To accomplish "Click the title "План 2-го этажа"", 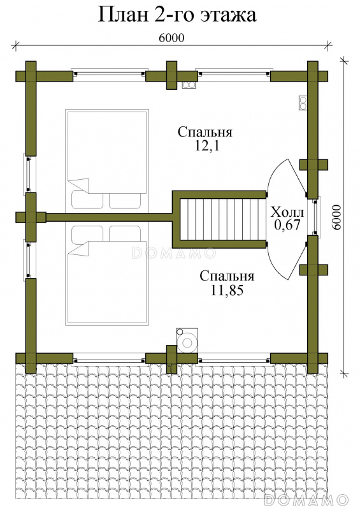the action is [177, 15].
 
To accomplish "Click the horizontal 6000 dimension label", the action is [171, 38].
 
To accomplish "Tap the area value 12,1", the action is [207, 146].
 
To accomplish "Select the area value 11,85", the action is [227, 290].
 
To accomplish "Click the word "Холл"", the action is [287, 212].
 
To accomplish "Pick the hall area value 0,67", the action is [287, 225].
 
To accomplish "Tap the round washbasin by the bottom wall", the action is [187, 341].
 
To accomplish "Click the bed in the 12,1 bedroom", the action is [107, 159].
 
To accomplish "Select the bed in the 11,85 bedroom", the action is [107, 275].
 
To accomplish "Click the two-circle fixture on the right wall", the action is [303, 103].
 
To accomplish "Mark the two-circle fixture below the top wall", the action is [189, 85].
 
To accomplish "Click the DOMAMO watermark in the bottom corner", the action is [306, 500].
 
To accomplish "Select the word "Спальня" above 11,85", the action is [227, 276].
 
